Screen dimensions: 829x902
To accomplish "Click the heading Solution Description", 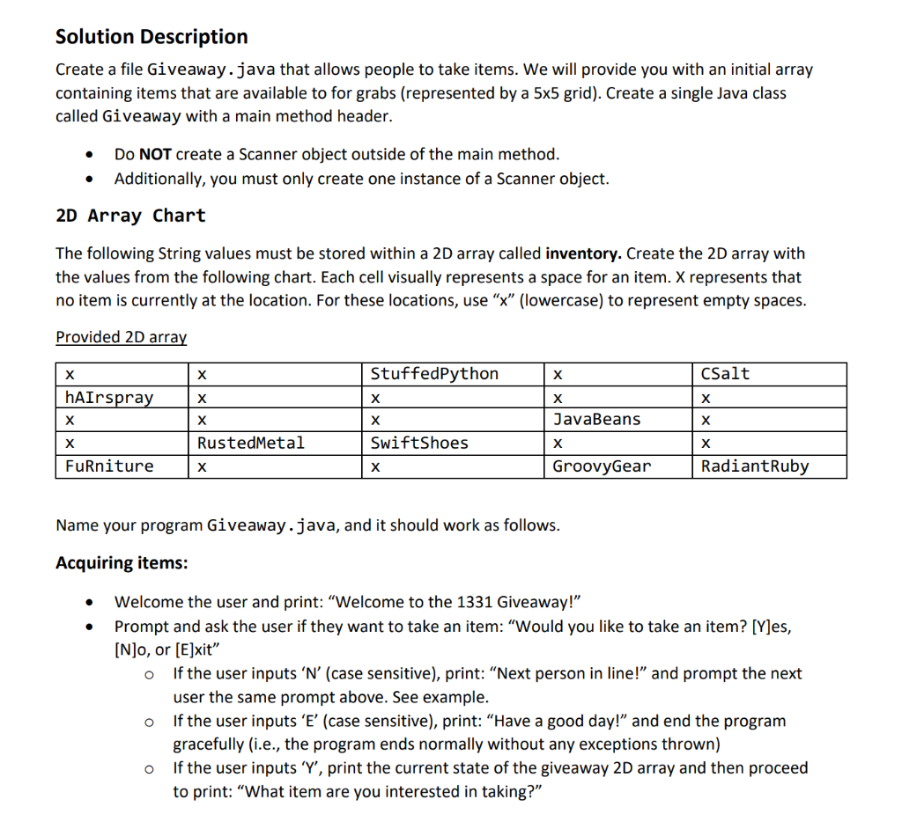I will (152, 37).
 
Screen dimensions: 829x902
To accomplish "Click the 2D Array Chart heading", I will (130, 216).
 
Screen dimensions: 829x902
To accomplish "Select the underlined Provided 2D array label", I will (121, 337).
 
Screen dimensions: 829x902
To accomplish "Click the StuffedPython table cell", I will (434, 374).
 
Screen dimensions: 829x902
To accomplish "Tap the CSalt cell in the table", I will (725, 374).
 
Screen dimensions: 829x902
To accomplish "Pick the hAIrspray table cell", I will (109, 398).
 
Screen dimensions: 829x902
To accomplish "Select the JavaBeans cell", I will (596, 420).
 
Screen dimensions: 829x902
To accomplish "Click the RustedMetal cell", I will (251, 443).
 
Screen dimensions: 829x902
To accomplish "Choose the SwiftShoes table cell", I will (419, 443).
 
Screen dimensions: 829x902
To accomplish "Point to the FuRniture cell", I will (109, 466).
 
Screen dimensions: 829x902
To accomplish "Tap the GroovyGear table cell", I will (602, 466).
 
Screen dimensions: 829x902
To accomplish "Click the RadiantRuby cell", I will (755, 466).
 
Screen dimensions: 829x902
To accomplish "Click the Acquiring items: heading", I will (122, 563).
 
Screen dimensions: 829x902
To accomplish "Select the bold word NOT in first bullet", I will (155, 155).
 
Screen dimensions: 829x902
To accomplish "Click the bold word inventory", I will (584, 254).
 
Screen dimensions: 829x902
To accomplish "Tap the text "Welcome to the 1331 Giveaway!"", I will (455, 603).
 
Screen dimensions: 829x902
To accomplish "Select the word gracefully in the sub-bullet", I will (214, 745).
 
